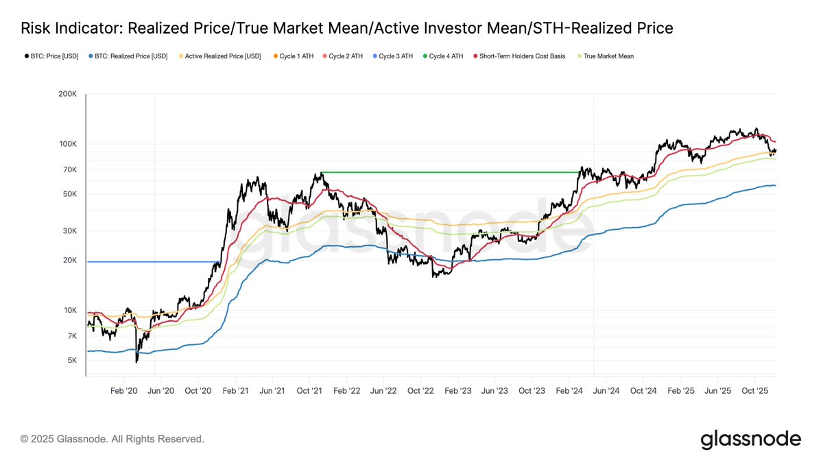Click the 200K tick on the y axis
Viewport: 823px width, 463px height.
tap(67, 94)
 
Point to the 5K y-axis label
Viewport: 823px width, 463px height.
tap(71, 361)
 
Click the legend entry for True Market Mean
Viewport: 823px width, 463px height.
tap(608, 56)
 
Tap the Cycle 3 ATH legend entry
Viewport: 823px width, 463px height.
tap(394, 56)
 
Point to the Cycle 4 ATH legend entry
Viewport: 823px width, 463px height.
tap(444, 56)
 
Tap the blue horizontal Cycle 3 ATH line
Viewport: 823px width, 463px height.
tap(151, 261)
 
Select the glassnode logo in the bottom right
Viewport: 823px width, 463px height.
tap(750, 439)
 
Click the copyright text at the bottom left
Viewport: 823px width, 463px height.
tap(112, 439)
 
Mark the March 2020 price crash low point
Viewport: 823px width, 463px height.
tap(137, 361)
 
